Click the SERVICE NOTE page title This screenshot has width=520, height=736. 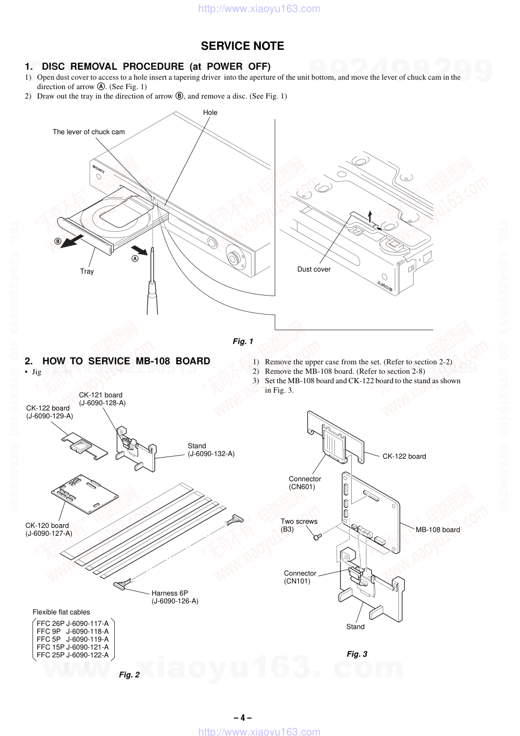(x=242, y=46)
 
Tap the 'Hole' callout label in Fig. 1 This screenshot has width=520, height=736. (x=210, y=113)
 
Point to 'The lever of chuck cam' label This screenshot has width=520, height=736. (x=89, y=132)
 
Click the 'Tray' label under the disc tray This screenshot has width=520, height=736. (x=87, y=272)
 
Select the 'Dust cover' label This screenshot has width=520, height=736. (x=314, y=269)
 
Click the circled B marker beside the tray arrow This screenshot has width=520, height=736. (x=58, y=242)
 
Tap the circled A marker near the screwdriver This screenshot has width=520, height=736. (x=135, y=258)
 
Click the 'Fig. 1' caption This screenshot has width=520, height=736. (x=243, y=341)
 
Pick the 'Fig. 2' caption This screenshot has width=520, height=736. (x=129, y=675)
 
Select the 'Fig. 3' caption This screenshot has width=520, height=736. (x=357, y=654)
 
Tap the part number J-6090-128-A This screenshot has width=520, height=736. (x=102, y=403)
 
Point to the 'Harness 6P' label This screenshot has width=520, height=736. (x=170, y=593)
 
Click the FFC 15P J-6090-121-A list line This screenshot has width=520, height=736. (x=73, y=647)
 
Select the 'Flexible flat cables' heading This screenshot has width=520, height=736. (x=61, y=612)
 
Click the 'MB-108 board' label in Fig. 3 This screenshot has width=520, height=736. (x=438, y=530)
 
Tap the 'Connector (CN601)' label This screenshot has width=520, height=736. (x=305, y=483)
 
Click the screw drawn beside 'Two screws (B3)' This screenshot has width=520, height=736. (x=317, y=537)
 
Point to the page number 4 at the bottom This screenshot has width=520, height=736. (x=242, y=718)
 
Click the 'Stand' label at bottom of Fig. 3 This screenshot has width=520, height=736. (x=355, y=627)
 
